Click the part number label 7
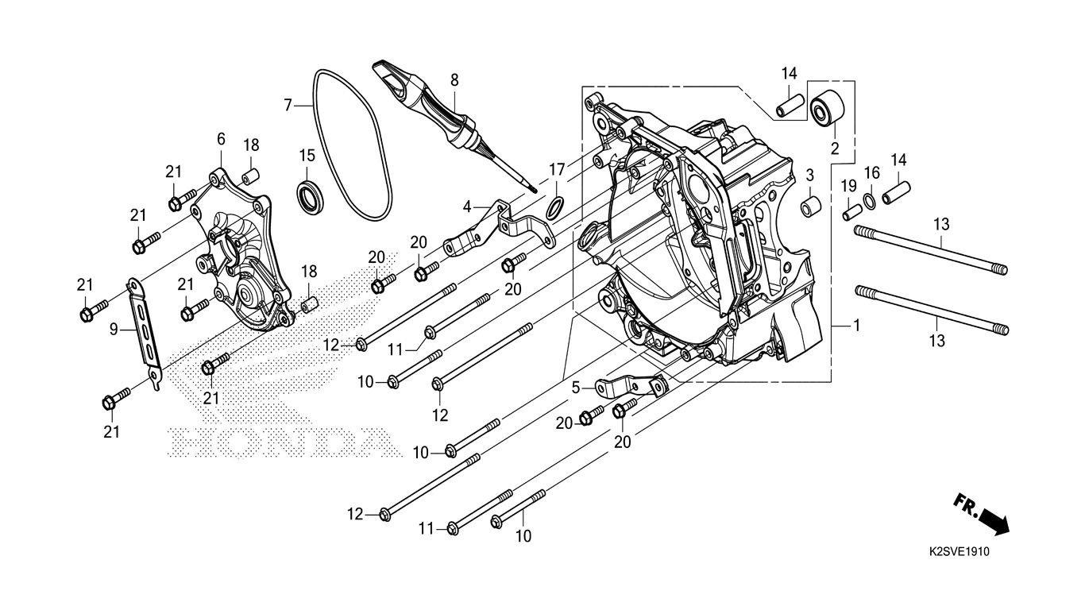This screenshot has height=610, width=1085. pyautogui.click(x=288, y=104)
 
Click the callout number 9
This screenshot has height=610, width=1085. pyautogui.click(x=114, y=328)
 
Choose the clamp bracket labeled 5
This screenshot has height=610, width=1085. pyautogui.click(x=630, y=388)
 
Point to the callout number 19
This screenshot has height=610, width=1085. pyautogui.click(x=849, y=186)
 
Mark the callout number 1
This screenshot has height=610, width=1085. pyautogui.click(x=856, y=326)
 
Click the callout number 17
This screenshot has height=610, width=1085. pyautogui.click(x=556, y=169)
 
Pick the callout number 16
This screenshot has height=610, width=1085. pyautogui.click(x=871, y=172)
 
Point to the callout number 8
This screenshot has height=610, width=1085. pyautogui.click(x=454, y=79)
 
